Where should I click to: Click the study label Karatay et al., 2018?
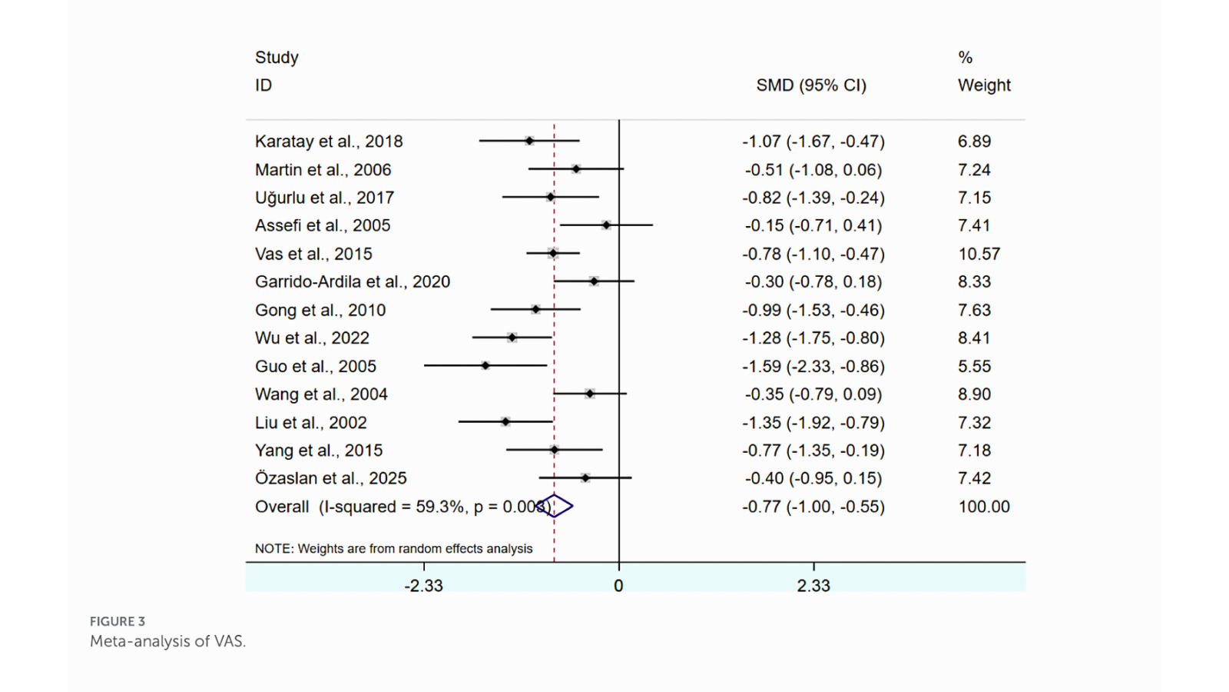pos(329,141)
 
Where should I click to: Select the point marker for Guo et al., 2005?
pos(485,366)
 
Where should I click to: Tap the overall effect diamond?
pos(555,506)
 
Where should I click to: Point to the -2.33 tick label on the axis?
pos(424,586)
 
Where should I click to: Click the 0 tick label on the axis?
pos(618,586)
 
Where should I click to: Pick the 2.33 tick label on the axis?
pos(813,586)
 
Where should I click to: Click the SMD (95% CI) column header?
pos(811,85)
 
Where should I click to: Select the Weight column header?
pos(984,85)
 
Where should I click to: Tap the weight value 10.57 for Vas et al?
pos(979,254)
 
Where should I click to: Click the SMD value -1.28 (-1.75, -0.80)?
pos(813,338)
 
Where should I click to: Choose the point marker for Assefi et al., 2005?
pos(606,225)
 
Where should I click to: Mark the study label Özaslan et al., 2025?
pos(331,478)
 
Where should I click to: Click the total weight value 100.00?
pos(984,507)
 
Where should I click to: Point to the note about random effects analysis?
pos(393,548)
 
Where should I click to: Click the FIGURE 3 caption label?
pos(118,621)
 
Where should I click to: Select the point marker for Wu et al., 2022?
pos(512,338)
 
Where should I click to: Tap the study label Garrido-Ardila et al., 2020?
pos(353,282)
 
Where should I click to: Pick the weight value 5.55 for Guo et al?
pos(974,367)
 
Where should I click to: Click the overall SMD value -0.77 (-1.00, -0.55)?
pos(813,507)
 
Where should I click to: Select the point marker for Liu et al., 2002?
pos(505,422)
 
